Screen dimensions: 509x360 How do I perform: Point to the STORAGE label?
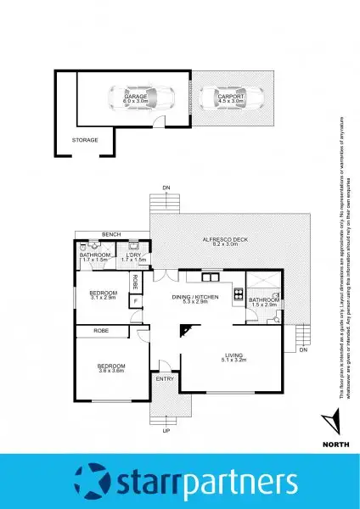click(x=85, y=140)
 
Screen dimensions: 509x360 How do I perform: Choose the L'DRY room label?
click(x=134, y=255)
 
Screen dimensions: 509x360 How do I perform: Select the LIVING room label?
click(x=235, y=355)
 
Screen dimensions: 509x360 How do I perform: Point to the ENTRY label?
click(x=165, y=378)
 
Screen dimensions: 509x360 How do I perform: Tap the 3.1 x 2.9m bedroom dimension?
click(x=103, y=299)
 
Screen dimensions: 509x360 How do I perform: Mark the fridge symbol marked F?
click(x=135, y=300)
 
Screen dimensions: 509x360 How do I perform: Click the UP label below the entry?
click(x=166, y=430)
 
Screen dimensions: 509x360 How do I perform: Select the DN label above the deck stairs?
click(x=166, y=187)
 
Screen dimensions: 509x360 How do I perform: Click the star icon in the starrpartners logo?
click(x=93, y=480)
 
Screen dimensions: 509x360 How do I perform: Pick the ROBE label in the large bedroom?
click(x=101, y=330)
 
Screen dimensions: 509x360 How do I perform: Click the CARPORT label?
click(x=231, y=97)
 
